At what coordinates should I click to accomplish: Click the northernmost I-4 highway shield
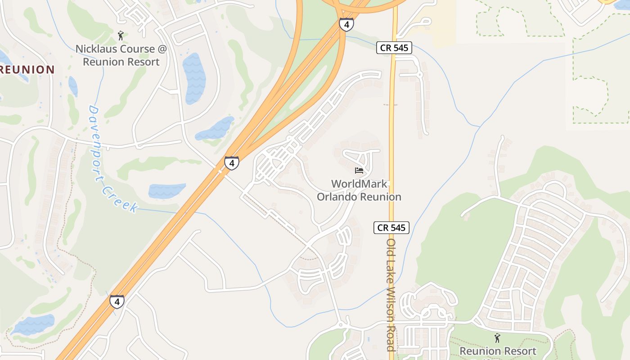pyautogui.click(x=346, y=24)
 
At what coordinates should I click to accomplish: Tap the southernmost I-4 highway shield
pyautogui.click(x=117, y=301)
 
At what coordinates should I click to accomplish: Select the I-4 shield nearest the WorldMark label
pyautogui.click(x=231, y=162)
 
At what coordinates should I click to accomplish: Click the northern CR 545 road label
pyautogui.click(x=394, y=48)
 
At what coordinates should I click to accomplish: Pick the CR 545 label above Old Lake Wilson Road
pyautogui.click(x=391, y=228)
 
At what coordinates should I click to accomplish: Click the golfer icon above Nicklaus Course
pyautogui.click(x=121, y=36)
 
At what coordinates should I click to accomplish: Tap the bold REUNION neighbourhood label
pyautogui.click(x=27, y=70)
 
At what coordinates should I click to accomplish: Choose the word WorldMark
pyautogui.click(x=359, y=184)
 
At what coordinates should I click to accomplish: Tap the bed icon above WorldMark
pyautogui.click(x=359, y=171)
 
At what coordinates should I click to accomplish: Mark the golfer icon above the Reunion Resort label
pyautogui.click(x=497, y=337)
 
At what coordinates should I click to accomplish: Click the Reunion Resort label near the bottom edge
pyautogui.click(x=498, y=351)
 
